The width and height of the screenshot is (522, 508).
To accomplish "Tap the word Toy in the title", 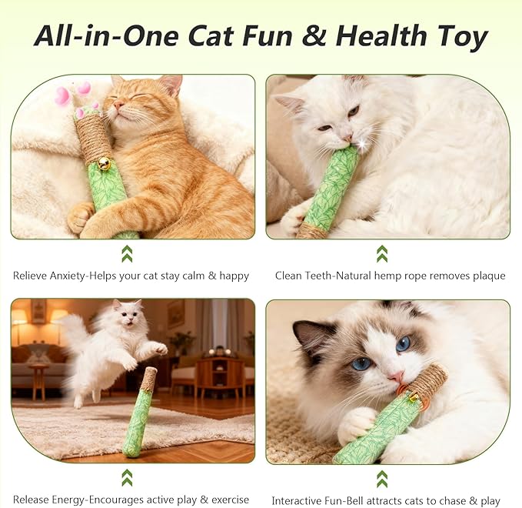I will tap(462, 35).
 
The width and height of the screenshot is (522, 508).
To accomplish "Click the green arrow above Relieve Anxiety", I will tap(127, 254).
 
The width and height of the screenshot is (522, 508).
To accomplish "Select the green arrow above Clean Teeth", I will tap(382, 254).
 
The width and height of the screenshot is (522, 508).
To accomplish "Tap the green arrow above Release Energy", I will tap(127, 478).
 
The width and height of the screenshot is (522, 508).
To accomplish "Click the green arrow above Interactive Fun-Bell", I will tap(382, 478).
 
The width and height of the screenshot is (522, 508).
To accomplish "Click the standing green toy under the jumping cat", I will tap(139, 413).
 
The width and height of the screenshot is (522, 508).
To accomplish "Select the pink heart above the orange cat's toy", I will tap(62, 95).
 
